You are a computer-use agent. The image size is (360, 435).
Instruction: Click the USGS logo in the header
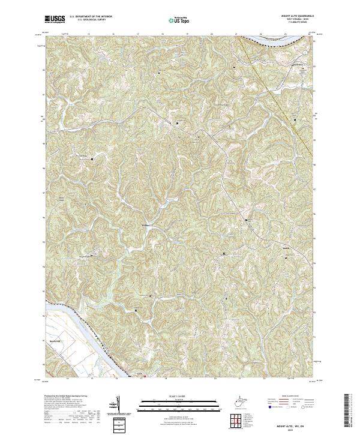pyautogui.click(x=55, y=20)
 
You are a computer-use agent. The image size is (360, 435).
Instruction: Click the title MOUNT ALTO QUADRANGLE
pyautogui.click(x=297, y=17)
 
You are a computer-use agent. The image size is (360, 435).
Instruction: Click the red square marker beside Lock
pyautogui.click(x=145, y=377)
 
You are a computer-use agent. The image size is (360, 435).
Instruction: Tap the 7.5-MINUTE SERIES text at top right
pyautogui.click(x=297, y=24)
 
